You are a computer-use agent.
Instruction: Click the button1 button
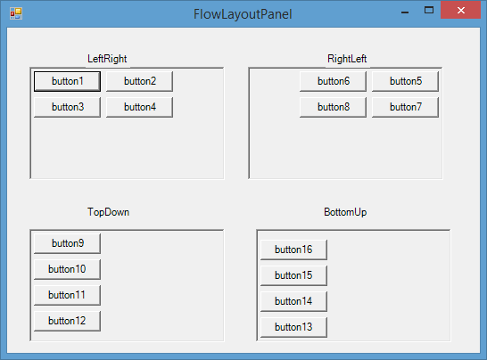67,81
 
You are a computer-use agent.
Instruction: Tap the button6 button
333,81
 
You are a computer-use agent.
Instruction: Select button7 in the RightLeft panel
405,107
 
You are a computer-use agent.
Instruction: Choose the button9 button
67,243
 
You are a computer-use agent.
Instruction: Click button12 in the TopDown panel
67,321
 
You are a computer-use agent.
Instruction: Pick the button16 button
293,250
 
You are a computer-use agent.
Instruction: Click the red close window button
460,10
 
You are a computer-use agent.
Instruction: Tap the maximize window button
429,10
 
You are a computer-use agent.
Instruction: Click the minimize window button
405,12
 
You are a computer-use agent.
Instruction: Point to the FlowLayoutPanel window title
243,14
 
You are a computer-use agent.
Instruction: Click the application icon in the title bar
16,13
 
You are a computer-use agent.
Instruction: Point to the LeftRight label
107,59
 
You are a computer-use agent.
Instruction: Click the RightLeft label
347,59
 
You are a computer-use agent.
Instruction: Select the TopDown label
108,212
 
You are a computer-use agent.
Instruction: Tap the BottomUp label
345,212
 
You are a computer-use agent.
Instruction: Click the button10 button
67,269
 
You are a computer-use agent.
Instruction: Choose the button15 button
293,275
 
